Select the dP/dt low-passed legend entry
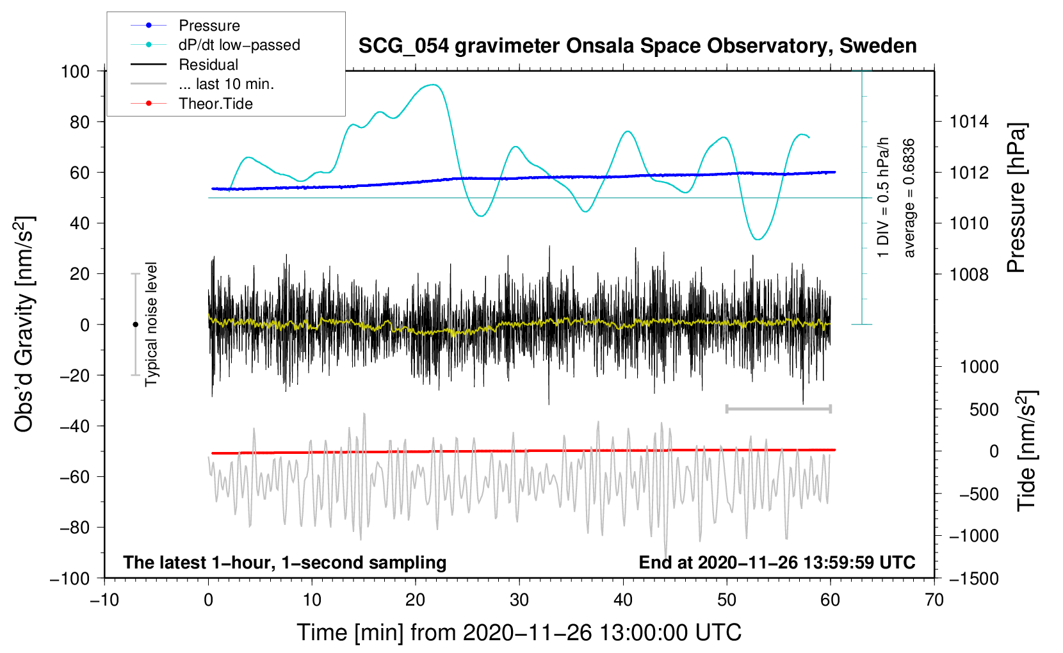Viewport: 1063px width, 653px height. pos(239,45)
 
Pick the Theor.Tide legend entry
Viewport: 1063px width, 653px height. pos(215,104)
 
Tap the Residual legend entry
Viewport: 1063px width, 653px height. pos(208,65)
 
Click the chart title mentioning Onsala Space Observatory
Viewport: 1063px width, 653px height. pos(637,46)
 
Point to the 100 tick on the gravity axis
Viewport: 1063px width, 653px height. pos(75,71)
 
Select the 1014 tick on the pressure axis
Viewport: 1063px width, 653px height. pos(969,122)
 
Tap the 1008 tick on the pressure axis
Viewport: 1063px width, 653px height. pos(969,275)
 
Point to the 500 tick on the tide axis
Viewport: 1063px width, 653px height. pos(984,410)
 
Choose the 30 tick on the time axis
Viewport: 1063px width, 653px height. pos(519,600)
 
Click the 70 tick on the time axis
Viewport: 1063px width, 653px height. pos(934,600)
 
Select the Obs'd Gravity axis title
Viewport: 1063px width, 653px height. pos(24,325)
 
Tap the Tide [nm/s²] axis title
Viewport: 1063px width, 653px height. pos(1026,451)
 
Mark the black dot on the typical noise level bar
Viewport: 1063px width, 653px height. pos(135,325)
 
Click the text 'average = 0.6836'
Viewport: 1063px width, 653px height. pos(909,198)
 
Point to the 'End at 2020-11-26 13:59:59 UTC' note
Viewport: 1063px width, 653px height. pos(777,563)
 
